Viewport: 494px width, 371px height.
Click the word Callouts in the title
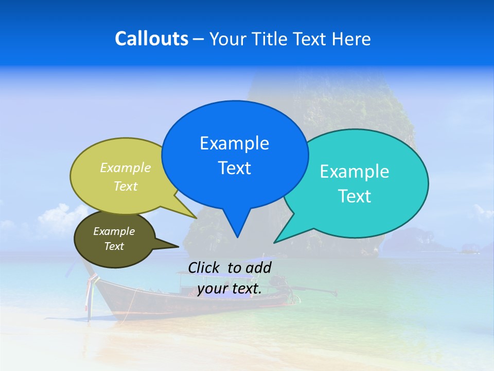(x=151, y=39)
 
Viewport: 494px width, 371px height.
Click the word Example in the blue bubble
(x=234, y=143)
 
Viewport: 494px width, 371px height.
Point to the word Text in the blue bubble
(x=234, y=168)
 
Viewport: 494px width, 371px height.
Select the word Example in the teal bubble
(x=355, y=172)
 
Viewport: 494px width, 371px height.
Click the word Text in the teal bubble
(x=355, y=196)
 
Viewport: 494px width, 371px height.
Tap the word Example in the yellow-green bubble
(x=125, y=167)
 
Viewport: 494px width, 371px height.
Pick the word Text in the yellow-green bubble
(x=125, y=186)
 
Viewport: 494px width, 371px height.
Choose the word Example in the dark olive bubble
(x=114, y=231)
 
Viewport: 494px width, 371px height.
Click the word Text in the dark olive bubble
(x=114, y=246)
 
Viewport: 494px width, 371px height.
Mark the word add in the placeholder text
(x=259, y=267)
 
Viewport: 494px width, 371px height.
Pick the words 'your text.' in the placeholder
(x=229, y=289)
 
